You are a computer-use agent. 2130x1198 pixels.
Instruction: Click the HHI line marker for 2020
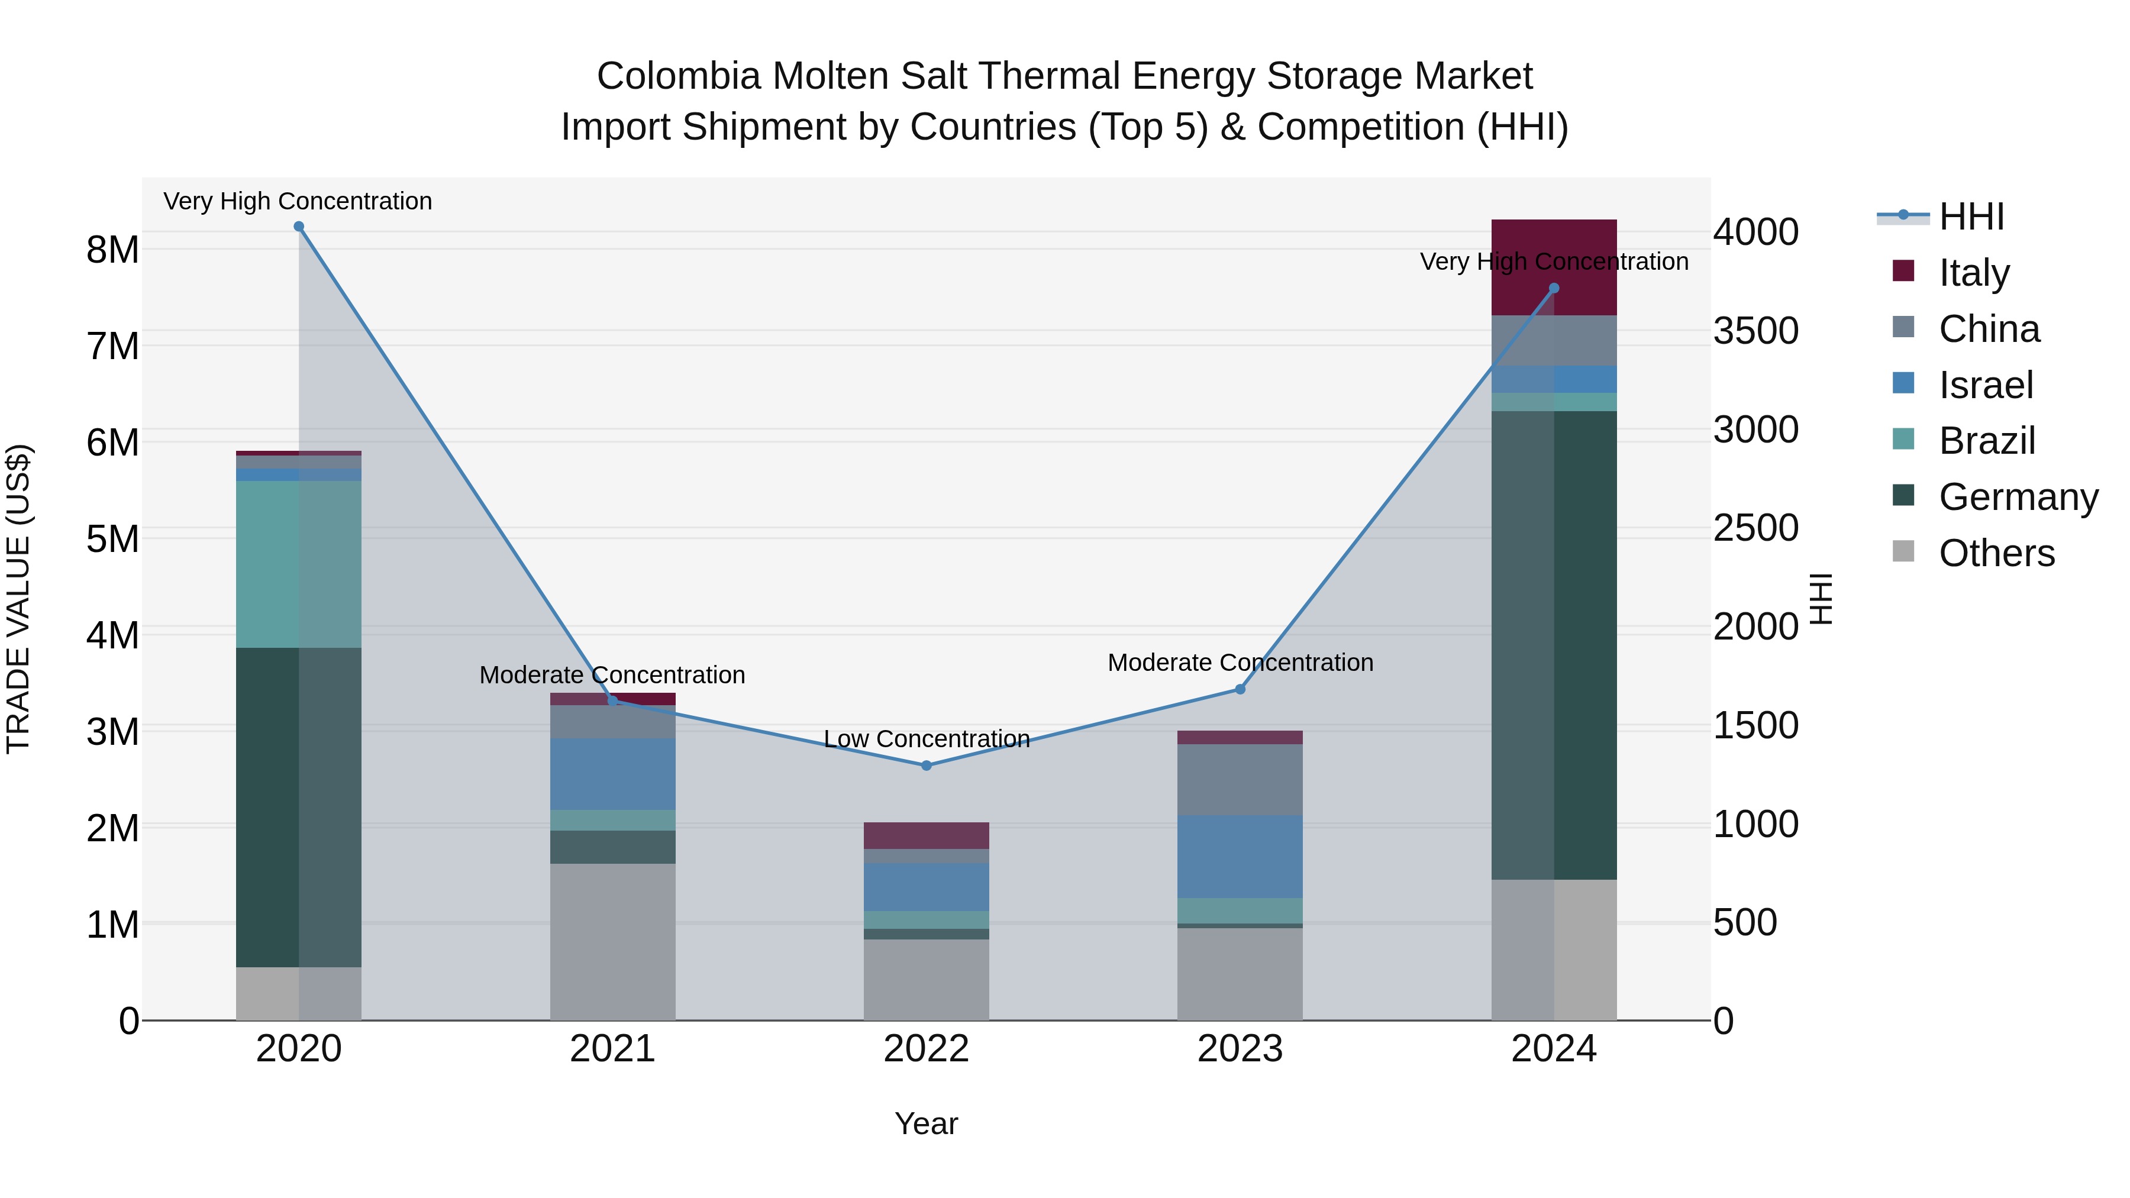pos(299,227)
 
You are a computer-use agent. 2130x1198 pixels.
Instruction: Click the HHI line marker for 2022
pos(926,766)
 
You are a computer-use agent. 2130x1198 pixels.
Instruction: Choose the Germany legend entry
pos(2018,497)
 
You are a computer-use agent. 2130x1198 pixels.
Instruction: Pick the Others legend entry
pos(1996,553)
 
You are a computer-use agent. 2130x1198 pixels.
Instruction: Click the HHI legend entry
pos(1971,217)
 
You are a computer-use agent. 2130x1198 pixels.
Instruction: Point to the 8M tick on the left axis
pos(112,250)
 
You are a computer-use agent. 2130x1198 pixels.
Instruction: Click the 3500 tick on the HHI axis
pos(1755,331)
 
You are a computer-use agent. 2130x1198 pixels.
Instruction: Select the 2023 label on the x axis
pos(1240,1049)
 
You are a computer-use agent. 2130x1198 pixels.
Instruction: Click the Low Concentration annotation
pos(926,738)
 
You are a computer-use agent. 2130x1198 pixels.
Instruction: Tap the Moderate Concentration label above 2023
pos(1240,662)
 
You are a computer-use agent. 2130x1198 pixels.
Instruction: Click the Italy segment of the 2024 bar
pos(1554,248)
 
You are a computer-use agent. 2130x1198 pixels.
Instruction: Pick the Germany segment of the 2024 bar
pos(1554,645)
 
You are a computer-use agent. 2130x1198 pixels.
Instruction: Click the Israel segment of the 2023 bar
pos(1240,857)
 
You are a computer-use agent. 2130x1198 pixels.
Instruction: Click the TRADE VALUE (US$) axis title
pos(18,599)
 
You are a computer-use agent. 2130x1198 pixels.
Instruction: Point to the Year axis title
pos(926,1123)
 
